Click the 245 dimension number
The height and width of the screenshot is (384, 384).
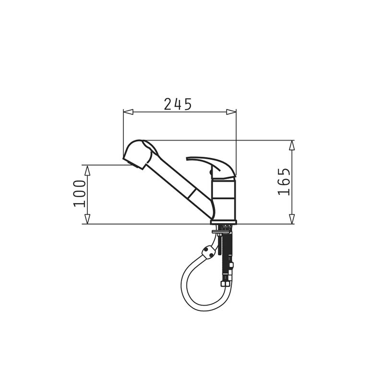178,104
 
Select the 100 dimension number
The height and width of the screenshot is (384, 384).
80,193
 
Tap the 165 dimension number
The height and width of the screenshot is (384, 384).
284,181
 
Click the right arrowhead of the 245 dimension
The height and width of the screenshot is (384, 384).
231,112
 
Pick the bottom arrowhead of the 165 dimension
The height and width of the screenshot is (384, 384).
292,219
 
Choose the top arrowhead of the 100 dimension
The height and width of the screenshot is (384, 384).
87,170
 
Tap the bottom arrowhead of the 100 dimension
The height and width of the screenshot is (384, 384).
87,219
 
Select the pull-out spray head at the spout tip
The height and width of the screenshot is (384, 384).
139,154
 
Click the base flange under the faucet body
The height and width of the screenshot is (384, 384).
224,222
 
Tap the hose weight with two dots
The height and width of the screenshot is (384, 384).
209,251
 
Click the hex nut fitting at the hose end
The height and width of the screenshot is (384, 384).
225,283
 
